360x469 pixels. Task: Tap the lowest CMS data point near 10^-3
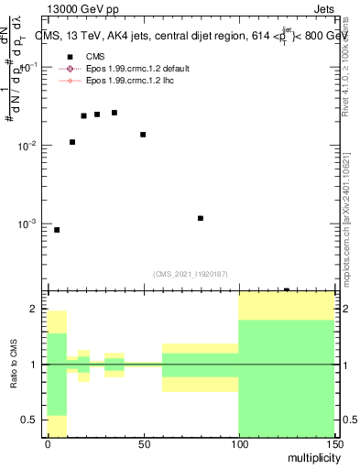[x=57, y=230]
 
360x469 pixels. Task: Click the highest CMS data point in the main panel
[x=115, y=113]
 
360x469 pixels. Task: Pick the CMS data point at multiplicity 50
[x=143, y=135]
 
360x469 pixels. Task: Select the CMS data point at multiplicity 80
[x=201, y=218]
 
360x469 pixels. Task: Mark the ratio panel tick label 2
[x=37, y=310]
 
